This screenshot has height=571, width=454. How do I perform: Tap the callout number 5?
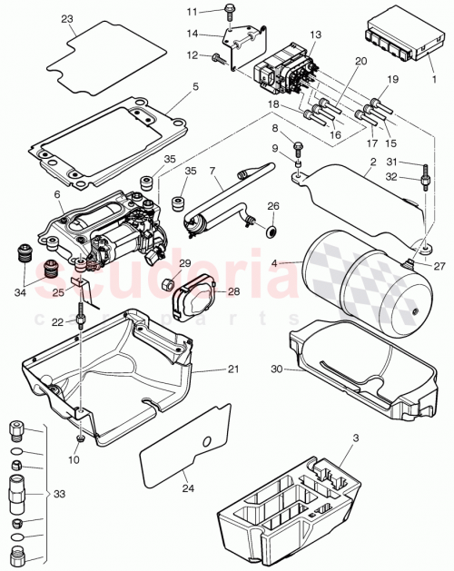[x=194, y=89]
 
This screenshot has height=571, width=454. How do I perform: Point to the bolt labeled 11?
[x=227, y=12]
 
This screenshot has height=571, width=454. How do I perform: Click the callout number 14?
[x=192, y=34]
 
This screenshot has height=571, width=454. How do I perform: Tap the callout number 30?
[x=278, y=369]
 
